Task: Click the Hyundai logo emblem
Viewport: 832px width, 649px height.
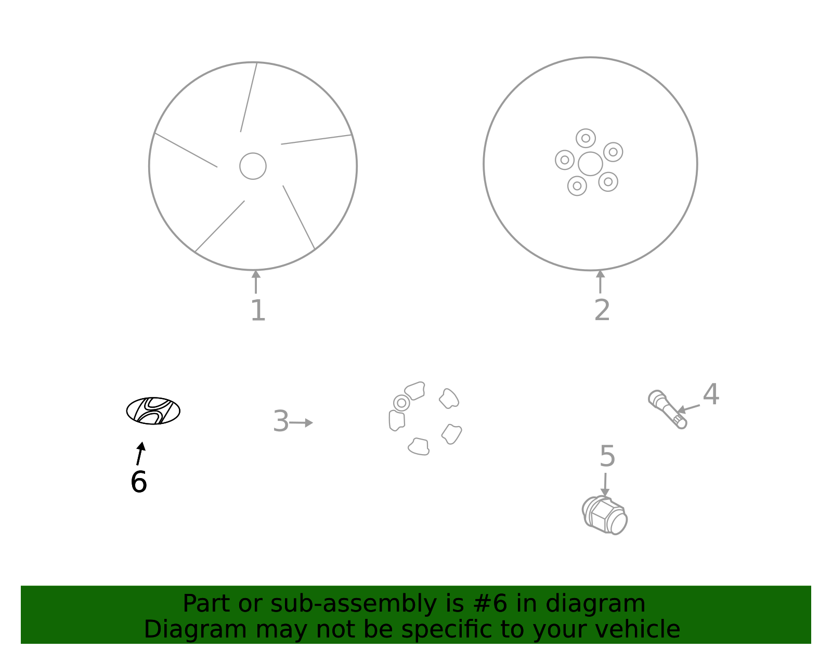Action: coord(153,410)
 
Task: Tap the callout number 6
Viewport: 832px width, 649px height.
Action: coord(139,482)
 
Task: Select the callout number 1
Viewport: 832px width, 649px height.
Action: coord(258,310)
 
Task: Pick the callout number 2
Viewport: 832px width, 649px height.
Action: coord(602,310)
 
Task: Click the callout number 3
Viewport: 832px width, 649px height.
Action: coord(281,421)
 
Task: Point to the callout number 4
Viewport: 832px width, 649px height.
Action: coord(711,394)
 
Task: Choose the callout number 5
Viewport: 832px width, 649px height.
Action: coord(607,456)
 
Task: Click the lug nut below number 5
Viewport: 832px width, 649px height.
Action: coord(605,515)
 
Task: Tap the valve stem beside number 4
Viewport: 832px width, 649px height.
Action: coord(667,409)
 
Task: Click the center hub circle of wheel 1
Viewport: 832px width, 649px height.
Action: coord(253,166)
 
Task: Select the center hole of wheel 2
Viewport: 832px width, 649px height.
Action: coord(590,164)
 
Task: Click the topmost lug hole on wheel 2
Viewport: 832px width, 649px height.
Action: coord(586,138)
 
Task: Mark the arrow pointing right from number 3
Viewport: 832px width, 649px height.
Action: coord(301,422)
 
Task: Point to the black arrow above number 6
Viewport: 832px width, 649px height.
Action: coord(140,453)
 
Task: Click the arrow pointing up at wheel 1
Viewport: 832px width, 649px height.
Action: coord(256,282)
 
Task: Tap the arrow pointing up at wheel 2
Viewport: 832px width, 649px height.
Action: coord(601,282)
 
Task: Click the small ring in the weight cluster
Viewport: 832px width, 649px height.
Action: coord(401,403)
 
